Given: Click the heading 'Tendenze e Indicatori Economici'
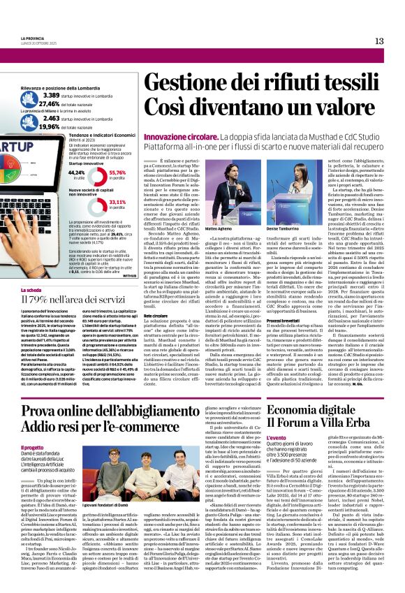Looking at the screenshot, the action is (x=108, y=136).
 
